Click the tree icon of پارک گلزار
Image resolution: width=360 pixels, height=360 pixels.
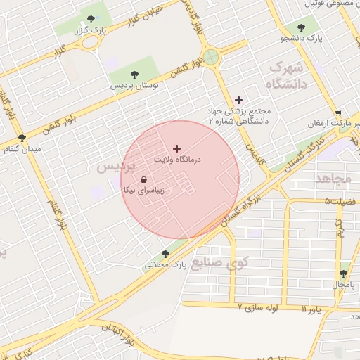[89, 19]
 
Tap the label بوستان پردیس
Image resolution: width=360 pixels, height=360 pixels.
[133, 85]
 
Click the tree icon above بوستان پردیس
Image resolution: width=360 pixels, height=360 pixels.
[134, 74]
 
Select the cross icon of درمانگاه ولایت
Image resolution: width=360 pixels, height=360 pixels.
[176, 148]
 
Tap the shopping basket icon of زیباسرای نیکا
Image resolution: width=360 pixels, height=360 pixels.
[144, 179]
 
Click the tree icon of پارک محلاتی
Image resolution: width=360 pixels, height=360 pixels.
[166, 254]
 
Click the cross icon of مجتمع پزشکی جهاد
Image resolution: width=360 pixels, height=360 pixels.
[238, 100]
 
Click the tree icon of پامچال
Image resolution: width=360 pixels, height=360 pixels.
[344, 274]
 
